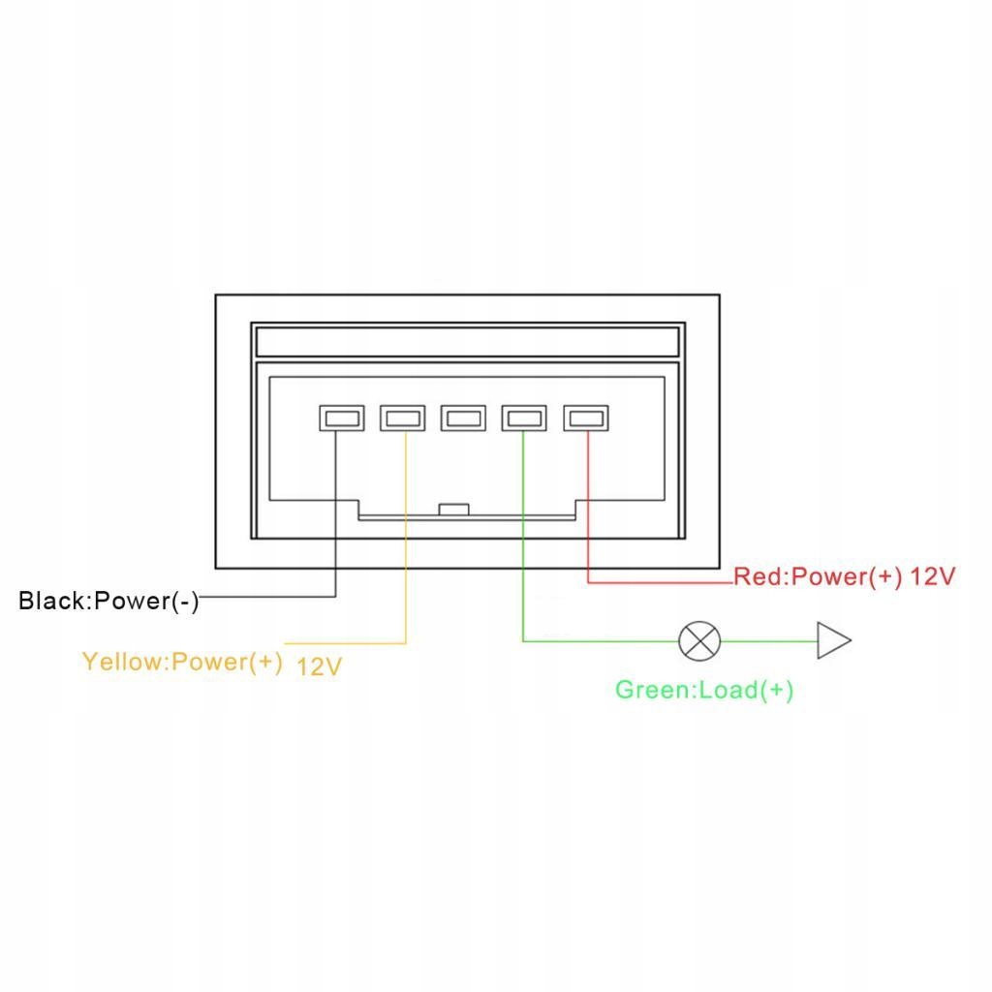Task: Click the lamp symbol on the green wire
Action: (699, 640)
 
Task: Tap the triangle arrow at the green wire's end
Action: (832, 640)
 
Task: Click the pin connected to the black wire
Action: (341, 418)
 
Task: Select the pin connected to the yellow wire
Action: (402, 418)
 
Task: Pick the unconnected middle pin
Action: (463, 418)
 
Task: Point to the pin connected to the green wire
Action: (523, 418)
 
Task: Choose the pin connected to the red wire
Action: (586, 418)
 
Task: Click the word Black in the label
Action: (52, 602)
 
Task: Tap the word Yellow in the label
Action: (123, 662)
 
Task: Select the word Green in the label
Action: (652, 691)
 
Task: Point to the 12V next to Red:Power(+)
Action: (934, 577)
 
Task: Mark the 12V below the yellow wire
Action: (319, 666)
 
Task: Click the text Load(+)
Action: (746, 691)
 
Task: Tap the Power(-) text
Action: (146, 602)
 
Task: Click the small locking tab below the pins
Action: (453, 509)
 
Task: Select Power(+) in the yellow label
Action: (226, 662)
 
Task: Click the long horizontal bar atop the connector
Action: (467, 341)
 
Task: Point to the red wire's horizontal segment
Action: (659, 582)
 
